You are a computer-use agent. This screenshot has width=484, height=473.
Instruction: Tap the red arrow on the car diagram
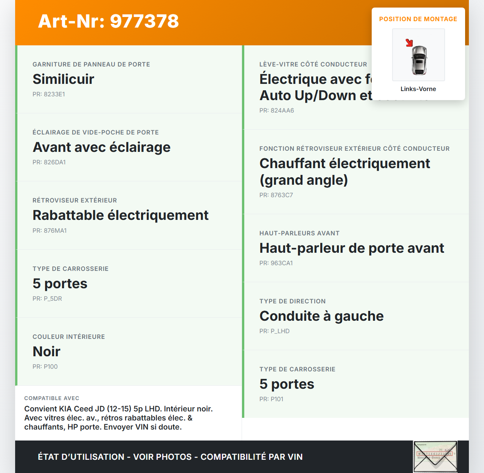pyautogui.click(x=409, y=43)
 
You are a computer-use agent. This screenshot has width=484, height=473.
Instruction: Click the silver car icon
pyautogui.click(x=419, y=60)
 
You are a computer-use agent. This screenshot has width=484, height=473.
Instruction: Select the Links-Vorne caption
pyautogui.click(x=418, y=89)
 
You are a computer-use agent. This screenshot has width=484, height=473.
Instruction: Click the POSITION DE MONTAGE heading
pyautogui.click(x=418, y=19)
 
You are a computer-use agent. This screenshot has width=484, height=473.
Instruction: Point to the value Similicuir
pyautogui.click(x=64, y=79)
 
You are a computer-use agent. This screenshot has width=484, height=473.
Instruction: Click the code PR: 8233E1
pyautogui.click(x=49, y=94)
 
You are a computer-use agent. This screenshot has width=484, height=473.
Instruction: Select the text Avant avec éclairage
pyautogui.click(x=102, y=147)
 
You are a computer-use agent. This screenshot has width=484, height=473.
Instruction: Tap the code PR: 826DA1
pyautogui.click(x=49, y=162)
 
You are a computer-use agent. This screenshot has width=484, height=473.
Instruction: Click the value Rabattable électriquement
pyautogui.click(x=121, y=215)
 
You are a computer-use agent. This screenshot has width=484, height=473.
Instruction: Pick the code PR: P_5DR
pyautogui.click(x=47, y=299)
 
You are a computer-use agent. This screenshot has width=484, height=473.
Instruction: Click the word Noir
pyautogui.click(x=47, y=352)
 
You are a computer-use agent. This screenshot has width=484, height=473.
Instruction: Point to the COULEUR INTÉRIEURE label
pyautogui.click(x=69, y=337)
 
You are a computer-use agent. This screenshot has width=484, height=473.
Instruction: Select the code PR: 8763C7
pyautogui.click(x=276, y=195)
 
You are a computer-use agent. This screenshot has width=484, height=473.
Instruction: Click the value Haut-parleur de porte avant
pyautogui.click(x=352, y=248)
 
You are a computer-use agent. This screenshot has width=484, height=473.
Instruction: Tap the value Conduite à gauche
pyautogui.click(x=321, y=316)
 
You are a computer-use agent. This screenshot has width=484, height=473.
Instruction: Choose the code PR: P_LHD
pyautogui.click(x=275, y=331)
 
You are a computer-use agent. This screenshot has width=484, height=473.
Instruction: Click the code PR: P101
pyautogui.click(x=271, y=399)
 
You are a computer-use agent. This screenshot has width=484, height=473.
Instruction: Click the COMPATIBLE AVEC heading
pyautogui.click(x=52, y=399)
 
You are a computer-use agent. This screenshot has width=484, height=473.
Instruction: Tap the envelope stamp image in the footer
pyautogui.click(x=435, y=456)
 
